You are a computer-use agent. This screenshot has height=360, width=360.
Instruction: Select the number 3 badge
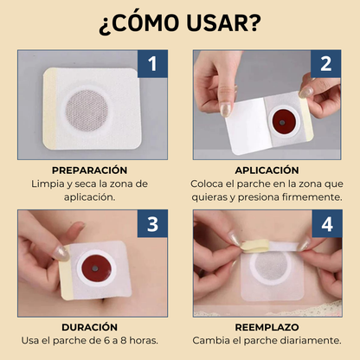tap(152, 225)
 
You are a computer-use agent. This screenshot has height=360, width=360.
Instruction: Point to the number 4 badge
tap(326, 225)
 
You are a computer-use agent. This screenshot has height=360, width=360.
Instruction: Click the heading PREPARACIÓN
tap(89, 170)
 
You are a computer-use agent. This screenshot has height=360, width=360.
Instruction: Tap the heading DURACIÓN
tap(89, 329)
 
